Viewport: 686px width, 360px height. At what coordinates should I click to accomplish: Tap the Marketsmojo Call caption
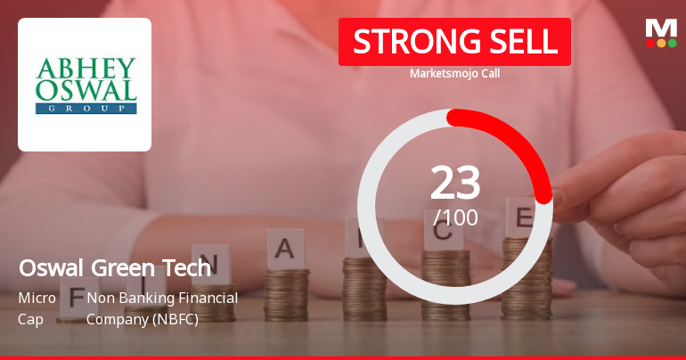(x=454, y=73)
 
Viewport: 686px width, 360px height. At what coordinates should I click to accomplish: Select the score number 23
(x=455, y=184)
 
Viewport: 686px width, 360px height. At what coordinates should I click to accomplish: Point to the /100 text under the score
(x=455, y=217)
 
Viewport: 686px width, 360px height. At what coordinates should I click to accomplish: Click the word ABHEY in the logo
(x=86, y=69)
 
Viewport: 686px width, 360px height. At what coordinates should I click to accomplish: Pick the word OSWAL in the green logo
(x=86, y=90)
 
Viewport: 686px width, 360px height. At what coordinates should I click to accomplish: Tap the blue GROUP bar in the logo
(x=86, y=108)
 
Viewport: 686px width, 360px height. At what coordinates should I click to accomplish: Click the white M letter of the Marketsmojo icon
(x=661, y=28)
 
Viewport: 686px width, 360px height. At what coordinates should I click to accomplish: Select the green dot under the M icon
(x=672, y=42)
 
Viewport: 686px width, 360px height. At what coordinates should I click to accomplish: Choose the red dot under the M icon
(x=650, y=42)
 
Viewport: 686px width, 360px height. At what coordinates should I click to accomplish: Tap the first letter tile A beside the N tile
(x=285, y=247)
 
